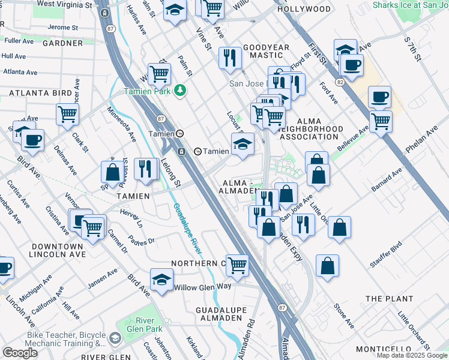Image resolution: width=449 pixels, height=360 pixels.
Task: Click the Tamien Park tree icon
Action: coord(179,91)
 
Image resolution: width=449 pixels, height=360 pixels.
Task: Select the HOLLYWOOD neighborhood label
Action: coord(304,9)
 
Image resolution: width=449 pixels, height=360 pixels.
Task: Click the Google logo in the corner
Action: coord(20,353)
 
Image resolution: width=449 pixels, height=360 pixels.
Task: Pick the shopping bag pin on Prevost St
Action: coord(112,172)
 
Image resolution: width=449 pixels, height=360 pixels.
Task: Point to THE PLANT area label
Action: coord(389,299)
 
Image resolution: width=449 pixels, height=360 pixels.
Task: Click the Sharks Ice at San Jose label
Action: coord(410,5)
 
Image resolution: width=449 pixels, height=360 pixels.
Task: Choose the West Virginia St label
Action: coord(65,4)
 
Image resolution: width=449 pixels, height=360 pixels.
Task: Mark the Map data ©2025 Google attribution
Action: coord(412,355)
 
